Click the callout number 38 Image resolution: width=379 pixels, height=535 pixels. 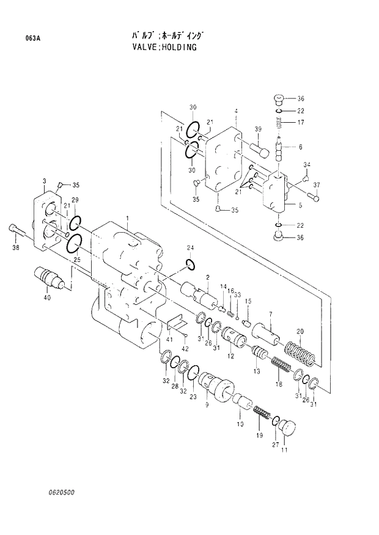(x=15, y=247)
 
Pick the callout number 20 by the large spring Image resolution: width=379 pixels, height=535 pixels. (x=300, y=332)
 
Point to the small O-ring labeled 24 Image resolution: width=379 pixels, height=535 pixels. (x=190, y=264)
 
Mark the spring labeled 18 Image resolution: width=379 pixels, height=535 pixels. (x=281, y=369)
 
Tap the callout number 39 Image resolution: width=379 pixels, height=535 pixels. (x=258, y=128)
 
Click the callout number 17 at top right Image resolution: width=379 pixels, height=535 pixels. (x=301, y=123)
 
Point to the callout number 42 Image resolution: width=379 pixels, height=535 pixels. (x=185, y=351)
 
